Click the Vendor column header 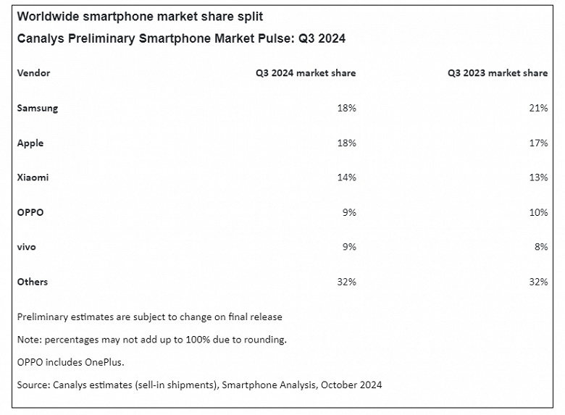[33, 73]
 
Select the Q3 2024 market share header [305, 73]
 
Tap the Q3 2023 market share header [497, 73]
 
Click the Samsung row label [38, 108]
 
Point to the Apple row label [30, 143]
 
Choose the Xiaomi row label [33, 177]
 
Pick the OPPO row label [30, 212]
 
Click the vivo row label [27, 247]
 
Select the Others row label [33, 282]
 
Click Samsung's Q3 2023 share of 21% [538, 108]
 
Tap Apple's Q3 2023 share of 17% [538, 143]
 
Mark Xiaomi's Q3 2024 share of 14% [346, 177]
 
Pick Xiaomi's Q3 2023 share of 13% [538, 177]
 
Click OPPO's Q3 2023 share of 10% [538, 212]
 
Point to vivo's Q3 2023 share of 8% [541, 247]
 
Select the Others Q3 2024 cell [346, 282]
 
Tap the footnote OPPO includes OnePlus [66, 361]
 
